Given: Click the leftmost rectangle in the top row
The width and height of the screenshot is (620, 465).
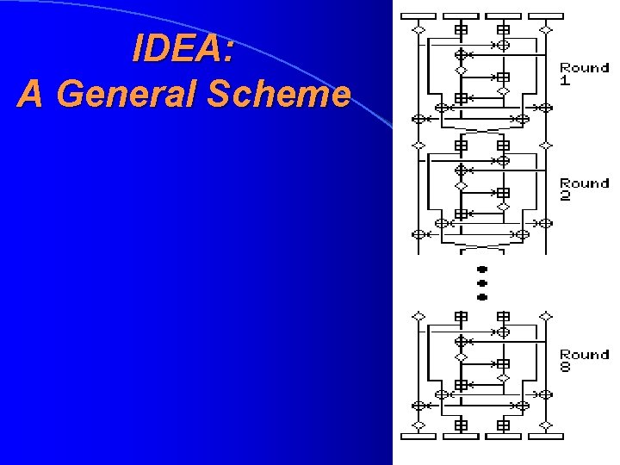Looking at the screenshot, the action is tap(418, 15).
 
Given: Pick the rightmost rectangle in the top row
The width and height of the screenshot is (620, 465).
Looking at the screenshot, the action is tap(545, 15).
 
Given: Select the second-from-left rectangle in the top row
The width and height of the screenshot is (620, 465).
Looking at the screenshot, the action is tap(461, 15).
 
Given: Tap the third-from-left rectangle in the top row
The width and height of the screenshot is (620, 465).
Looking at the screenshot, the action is tap(503, 15).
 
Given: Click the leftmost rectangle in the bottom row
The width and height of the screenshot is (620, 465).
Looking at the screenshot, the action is tap(418, 437).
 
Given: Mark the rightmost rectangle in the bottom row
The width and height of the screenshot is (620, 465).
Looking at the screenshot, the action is tap(545, 437).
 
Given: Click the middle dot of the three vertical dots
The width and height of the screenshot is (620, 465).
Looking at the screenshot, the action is tap(482, 282).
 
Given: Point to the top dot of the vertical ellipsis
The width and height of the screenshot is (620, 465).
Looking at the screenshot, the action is tap(482, 269).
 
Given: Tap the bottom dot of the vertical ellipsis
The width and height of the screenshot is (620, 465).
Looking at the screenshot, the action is tap(482, 296).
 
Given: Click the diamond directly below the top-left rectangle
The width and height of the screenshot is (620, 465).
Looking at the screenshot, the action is tap(418, 29).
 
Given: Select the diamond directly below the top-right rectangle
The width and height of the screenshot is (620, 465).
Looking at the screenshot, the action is tap(545, 29).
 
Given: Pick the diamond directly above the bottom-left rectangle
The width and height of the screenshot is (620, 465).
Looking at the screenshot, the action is tap(418, 425).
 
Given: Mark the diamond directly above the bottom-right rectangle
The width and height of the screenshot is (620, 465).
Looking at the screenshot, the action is tap(545, 425).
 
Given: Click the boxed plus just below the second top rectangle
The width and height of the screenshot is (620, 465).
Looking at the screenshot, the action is tap(461, 29).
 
